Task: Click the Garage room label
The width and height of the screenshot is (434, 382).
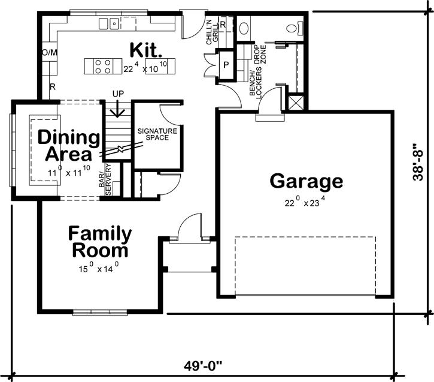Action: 306,181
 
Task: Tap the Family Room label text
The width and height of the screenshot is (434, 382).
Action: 99,242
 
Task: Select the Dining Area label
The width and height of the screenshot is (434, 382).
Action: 69,146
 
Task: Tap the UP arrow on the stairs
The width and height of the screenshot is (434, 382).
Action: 118,106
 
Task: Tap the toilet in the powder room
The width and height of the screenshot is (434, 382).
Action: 295,28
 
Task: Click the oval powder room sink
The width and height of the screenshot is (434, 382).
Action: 244,28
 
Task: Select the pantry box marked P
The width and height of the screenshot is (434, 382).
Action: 227,64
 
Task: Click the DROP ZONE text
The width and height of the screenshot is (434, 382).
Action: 259,55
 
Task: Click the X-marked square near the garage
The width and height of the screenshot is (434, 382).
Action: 296,102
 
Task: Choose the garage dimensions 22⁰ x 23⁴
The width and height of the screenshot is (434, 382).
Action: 306,203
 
